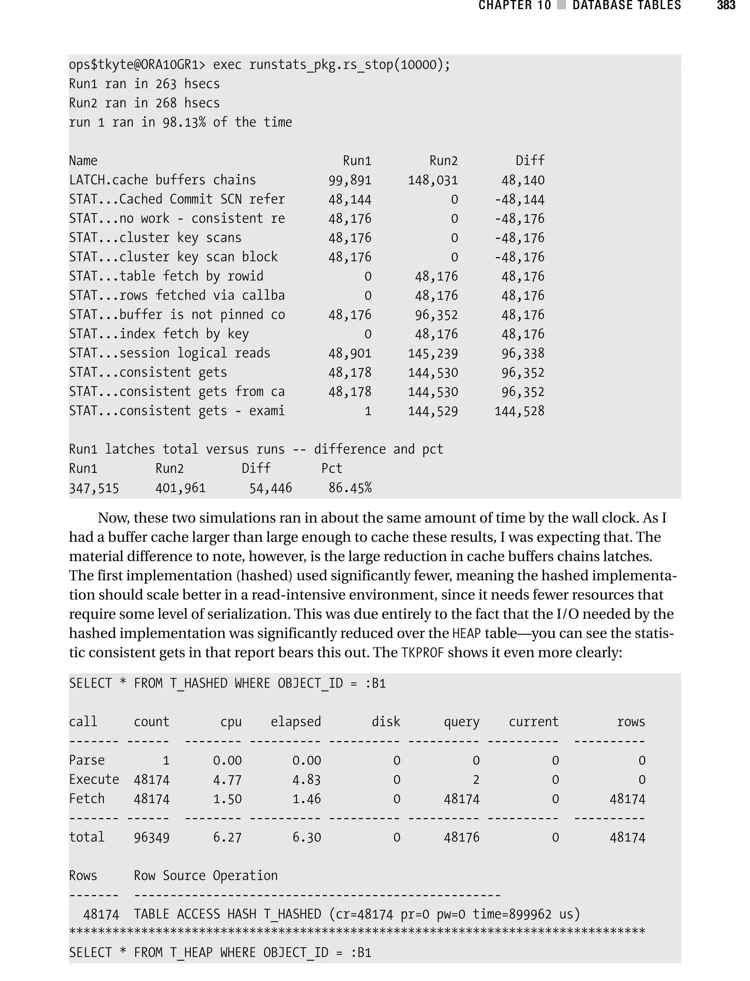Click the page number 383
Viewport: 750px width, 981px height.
(x=726, y=5)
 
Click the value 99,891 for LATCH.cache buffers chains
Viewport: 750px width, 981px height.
(x=350, y=180)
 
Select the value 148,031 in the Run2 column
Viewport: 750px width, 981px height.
(x=432, y=180)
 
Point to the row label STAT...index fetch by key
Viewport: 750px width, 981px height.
(x=159, y=334)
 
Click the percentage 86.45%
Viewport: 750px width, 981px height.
(x=350, y=488)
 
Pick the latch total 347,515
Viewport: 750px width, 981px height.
(x=94, y=488)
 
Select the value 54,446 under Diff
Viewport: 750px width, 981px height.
(x=271, y=488)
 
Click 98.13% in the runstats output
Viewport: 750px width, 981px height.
(x=184, y=122)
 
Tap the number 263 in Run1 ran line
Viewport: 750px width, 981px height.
(x=166, y=84)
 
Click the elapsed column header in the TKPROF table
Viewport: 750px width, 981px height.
(x=296, y=722)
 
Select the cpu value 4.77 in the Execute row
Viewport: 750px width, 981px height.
(x=227, y=780)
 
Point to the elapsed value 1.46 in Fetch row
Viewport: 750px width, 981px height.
(x=306, y=799)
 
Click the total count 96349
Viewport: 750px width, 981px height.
(x=151, y=838)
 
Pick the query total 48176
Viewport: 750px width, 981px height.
(x=461, y=838)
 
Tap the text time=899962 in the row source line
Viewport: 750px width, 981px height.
(x=512, y=914)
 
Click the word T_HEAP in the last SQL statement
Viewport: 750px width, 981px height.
(x=191, y=953)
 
